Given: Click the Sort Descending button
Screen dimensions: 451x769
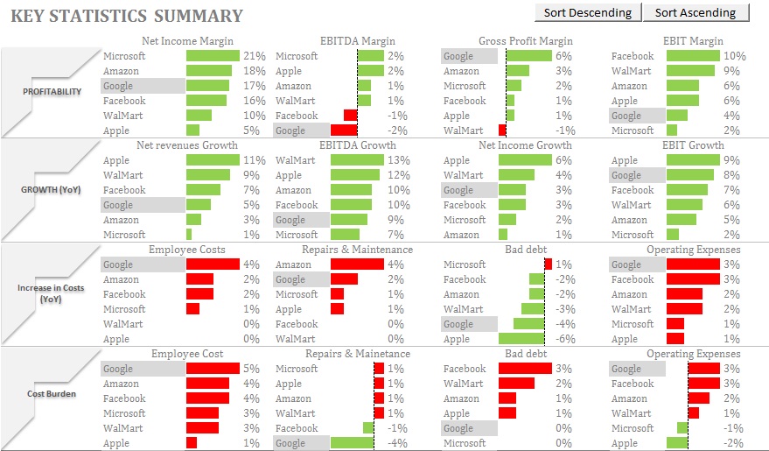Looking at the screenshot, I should (587, 12).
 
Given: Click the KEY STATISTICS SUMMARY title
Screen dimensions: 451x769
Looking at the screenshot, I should (127, 16).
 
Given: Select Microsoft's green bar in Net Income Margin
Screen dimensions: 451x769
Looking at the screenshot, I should (213, 56).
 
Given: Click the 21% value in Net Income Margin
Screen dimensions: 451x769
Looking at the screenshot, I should (254, 56).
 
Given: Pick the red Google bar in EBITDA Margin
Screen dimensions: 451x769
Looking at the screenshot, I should (344, 130).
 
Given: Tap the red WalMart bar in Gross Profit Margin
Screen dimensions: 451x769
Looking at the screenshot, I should (502, 130).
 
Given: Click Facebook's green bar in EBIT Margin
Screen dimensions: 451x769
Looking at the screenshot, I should (692, 56).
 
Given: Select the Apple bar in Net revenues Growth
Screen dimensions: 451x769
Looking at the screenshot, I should (213, 160).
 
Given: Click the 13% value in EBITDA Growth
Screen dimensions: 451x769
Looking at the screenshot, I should (398, 160).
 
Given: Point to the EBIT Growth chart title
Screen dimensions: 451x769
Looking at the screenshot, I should (692, 145).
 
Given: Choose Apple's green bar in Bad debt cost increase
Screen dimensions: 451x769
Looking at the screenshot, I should (521, 339).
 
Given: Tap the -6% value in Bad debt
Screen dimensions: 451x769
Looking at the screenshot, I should (563, 339).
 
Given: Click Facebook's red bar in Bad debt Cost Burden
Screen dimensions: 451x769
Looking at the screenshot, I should (525, 369).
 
